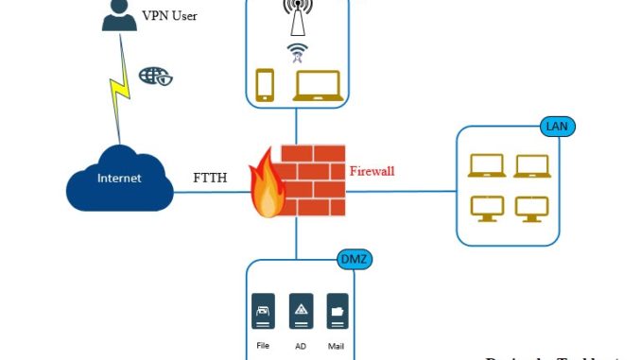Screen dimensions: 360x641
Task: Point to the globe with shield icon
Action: pyautogui.click(x=156, y=77)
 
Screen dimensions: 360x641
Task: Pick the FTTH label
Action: pyautogui.click(x=210, y=178)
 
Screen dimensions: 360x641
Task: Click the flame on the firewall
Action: pyautogui.click(x=268, y=186)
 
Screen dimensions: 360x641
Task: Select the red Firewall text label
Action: pyautogui.click(x=372, y=172)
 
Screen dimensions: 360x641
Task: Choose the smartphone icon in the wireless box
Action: pyautogui.click(x=265, y=85)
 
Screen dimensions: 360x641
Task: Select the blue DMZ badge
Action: pyautogui.click(x=353, y=258)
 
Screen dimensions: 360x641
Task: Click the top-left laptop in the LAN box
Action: pyautogui.click(x=486, y=165)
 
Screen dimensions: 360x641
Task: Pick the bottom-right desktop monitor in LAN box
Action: pyautogui.click(x=531, y=208)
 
